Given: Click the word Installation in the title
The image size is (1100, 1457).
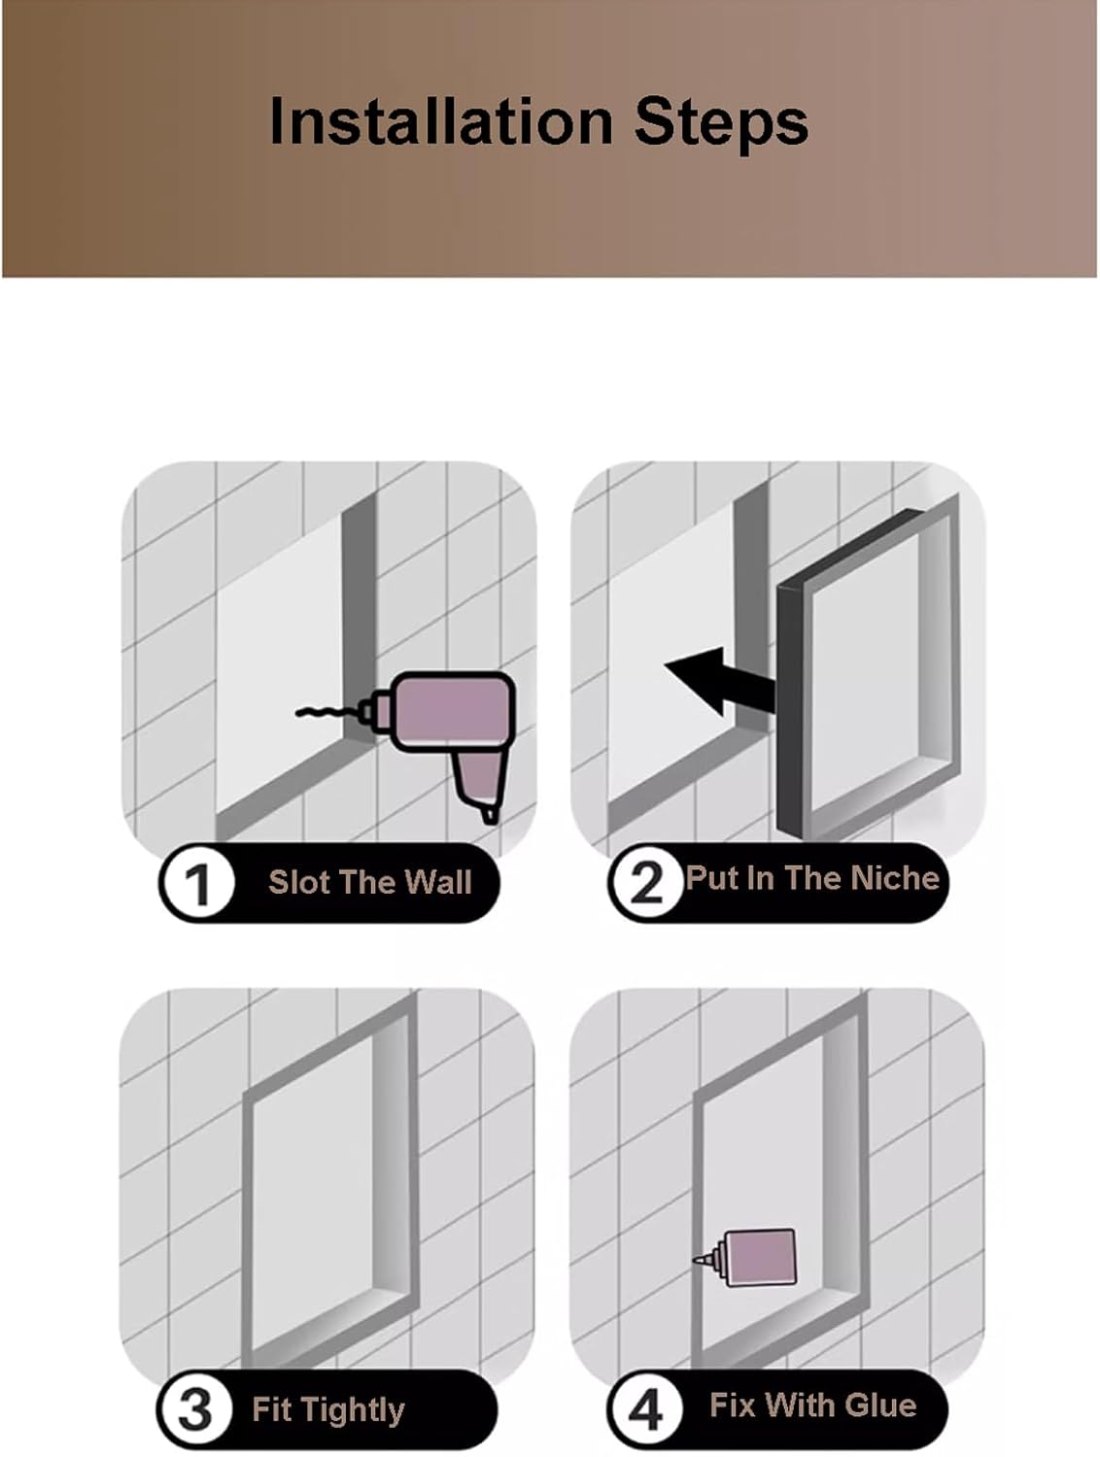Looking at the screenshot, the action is [440, 120].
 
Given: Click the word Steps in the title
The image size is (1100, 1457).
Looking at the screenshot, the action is [722, 122].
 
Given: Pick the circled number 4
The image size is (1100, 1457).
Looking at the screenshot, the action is [645, 1409].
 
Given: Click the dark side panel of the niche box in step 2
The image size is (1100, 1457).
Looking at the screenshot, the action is [792, 707].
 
